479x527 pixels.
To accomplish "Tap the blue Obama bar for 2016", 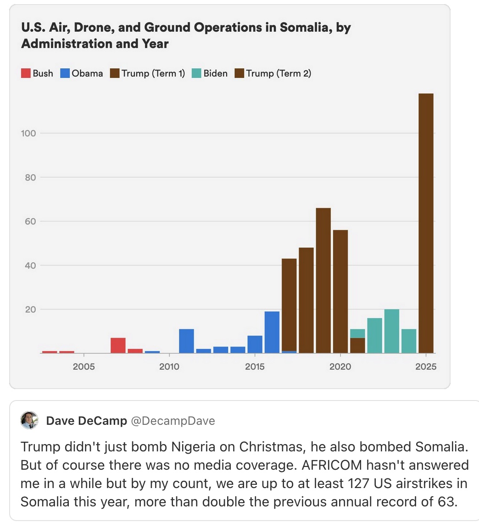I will pyautogui.click(x=272, y=332).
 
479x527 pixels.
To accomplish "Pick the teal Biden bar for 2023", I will pyautogui.click(x=391, y=331).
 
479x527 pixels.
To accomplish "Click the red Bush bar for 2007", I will pyautogui.click(x=118, y=346).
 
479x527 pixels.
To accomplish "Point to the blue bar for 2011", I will pyautogui.click(x=186, y=341).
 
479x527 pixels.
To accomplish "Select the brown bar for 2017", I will pyautogui.click(x=289, y=305).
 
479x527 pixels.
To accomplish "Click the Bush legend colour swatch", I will pyautogui.click(x=26, y=73).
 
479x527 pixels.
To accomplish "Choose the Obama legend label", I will pyautogui.click(x=87, y=73).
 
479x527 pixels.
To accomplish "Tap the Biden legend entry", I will pyautogui.click(x=215, y=73).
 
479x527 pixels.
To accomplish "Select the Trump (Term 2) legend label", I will pyautogui.click(x=278, y=73).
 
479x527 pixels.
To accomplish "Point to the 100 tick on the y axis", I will pyautogui.click(x=28, y=133).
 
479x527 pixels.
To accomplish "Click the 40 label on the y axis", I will pyautogui.click(x=30, y=265).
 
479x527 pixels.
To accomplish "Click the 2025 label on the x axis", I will pyautogui.click(x=426, y=367).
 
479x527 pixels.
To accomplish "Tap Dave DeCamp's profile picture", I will pyautogui.click(x=29, y=420).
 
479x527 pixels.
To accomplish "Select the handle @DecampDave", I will pyautogui.click(x=173, y=421).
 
